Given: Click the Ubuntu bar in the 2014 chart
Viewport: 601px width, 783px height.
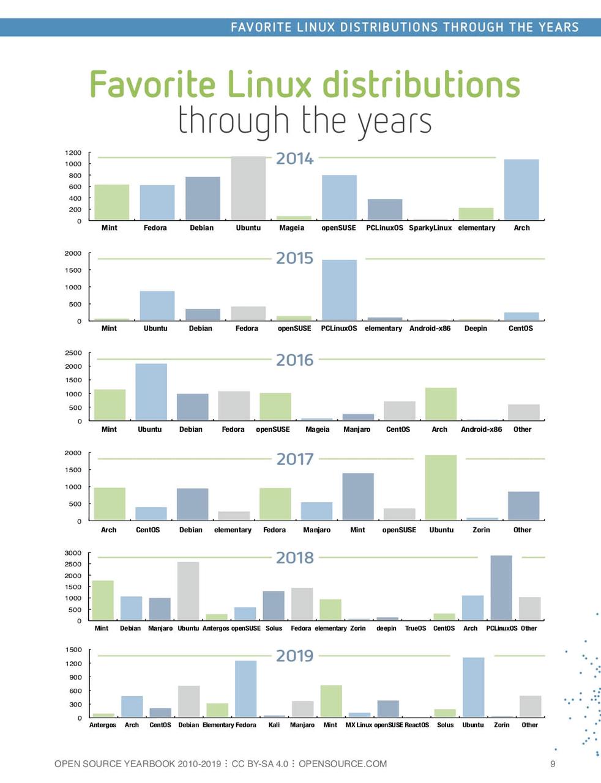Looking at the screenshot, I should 248,188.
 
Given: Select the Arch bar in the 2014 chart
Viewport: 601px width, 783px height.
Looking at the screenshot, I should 521,190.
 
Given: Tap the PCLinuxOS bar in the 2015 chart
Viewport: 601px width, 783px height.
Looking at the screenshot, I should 339,290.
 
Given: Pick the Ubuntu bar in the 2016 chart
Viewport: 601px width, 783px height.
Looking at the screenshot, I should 151,392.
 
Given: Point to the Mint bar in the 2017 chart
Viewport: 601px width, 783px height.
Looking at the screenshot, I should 357,497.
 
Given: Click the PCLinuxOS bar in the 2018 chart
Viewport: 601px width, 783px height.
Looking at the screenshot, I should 501,588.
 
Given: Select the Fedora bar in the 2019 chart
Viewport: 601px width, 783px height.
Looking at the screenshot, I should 245,689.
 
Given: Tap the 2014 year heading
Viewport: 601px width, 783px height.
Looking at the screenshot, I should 294,158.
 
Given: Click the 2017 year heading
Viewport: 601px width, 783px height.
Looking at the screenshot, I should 294,459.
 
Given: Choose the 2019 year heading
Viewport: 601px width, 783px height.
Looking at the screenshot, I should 294,656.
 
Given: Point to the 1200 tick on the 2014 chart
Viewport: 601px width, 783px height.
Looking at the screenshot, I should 73,153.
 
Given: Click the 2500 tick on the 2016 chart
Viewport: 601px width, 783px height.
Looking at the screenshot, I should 73,353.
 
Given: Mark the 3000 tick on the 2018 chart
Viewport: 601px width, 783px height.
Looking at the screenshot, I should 73,553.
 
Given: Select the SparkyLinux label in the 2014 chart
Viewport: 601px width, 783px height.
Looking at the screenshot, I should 430,228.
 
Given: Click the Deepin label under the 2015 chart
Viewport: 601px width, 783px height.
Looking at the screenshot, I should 476,328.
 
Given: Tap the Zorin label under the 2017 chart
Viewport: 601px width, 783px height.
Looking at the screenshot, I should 481,530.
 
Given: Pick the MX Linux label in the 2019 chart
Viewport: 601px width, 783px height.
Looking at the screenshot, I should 359,725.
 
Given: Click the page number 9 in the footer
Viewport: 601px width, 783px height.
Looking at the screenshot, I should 553,763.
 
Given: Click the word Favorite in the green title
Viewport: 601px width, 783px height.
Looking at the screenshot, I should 152,84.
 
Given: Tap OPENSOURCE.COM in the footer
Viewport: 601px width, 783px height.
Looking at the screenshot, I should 343,763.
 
